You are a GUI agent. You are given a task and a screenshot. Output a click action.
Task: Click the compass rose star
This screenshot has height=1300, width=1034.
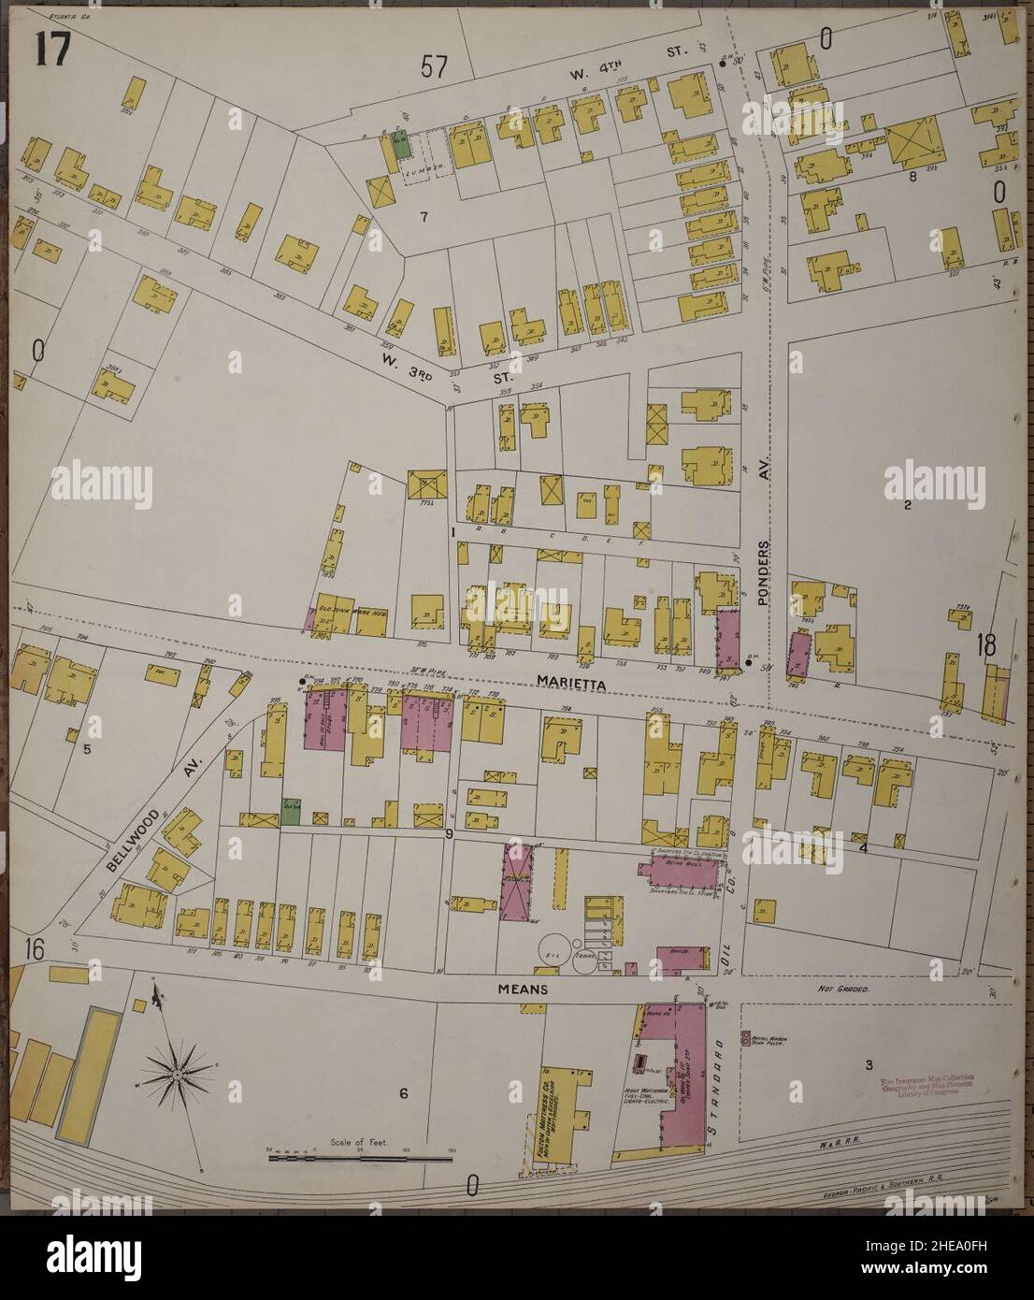[x=176, y=1076]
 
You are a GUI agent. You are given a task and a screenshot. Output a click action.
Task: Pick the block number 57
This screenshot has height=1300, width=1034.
[x=434, y=67]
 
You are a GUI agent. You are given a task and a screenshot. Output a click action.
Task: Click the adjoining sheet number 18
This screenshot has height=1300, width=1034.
[x=984, y=644]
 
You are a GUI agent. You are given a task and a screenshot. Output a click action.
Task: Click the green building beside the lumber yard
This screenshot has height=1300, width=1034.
[x=401, y=145]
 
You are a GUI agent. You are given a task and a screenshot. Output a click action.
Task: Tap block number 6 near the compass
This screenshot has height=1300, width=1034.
[x=404, y=1094]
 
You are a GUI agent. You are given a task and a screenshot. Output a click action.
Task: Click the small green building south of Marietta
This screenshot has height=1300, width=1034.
[x=292, y=810]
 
